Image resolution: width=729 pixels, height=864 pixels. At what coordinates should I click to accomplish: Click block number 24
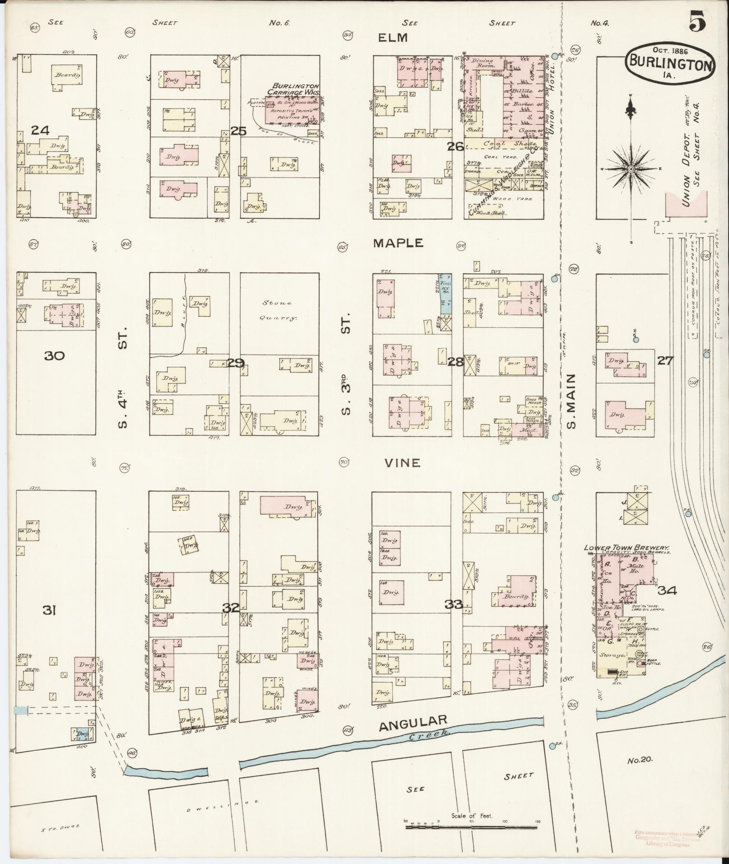[40, 131]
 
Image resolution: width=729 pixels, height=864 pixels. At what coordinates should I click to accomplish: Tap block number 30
[54, 356]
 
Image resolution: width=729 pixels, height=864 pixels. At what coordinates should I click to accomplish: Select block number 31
[49, 611]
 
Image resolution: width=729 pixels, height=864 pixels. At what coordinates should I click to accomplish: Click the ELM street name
[393, 38]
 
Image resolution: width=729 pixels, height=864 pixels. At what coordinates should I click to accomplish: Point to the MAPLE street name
[398, 243]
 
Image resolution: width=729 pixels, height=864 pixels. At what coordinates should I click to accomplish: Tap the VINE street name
[403, 463]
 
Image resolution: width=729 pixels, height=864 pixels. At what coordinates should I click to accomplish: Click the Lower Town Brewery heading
[626, 547]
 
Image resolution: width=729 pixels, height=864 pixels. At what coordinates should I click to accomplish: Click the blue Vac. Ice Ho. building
[446, 294]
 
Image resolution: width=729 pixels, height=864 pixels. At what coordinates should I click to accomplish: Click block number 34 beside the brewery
[667, 590]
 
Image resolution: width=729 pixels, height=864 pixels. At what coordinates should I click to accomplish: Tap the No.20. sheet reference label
[640, 760]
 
